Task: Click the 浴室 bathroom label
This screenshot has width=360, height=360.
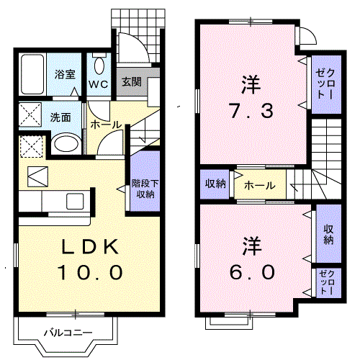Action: [x=66, y=73]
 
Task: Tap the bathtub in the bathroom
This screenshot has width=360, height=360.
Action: [x=34, y=74]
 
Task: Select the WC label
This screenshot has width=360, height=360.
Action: [x=99, y=84]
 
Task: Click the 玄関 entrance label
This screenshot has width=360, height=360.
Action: [x=130, y=81]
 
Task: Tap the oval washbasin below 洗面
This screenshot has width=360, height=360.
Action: [x=66, y=143]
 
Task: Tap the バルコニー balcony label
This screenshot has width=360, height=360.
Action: [x=66, y=333]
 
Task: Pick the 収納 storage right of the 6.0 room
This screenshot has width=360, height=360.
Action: [x=328, y=235]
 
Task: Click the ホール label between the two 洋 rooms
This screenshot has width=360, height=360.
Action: [x=258, y=185]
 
